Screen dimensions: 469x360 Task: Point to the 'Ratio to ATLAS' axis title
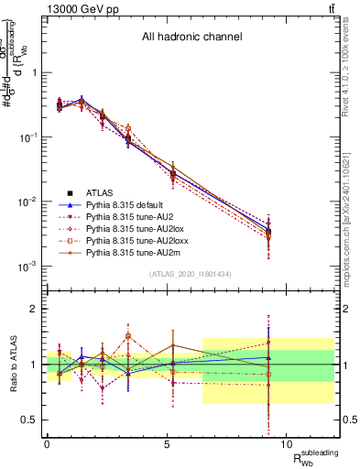pos(12,365)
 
